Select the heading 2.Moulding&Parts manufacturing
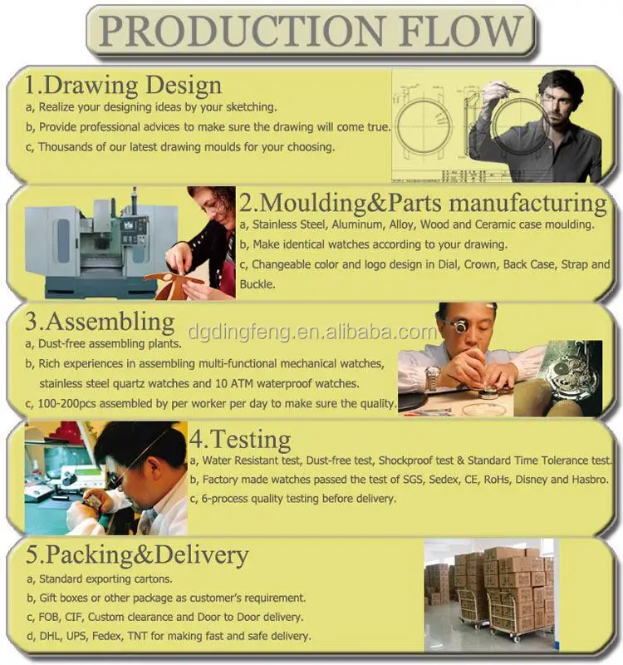[423, 203]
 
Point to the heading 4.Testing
[240, 438]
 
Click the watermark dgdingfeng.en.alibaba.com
[312, 333]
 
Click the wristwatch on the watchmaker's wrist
[433, 380]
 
